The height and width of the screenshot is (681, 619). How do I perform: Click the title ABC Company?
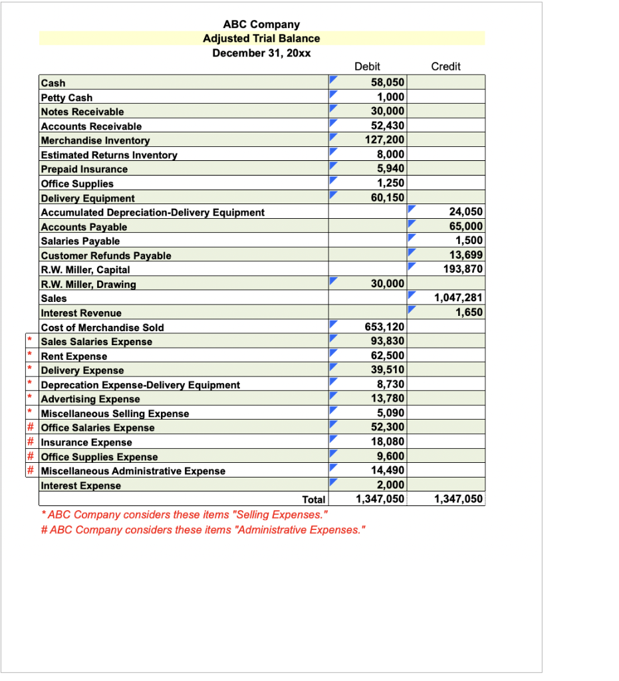pyautogui.click(x=261, y=25)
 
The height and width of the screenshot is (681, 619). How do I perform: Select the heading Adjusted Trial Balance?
pyautogui.click(x=261, y=39)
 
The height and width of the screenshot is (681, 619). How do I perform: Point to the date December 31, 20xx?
pyautogui.click(x=261, y=53)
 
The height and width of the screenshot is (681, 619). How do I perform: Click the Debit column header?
pyautogui.click(x=368, y=67)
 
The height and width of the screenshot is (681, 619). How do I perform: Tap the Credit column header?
pyautogui.click(x=445, y=67)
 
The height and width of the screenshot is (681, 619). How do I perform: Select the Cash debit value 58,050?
pyautogui.click(x=387, y=82)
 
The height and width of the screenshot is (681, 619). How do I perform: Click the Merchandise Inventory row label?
pyautogui.click(x=96, y=140)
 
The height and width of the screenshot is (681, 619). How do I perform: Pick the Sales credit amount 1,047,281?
pyautogui.click(x=458, y=299)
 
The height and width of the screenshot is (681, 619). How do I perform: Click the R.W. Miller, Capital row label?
pyautogui.click(x=86, y=270)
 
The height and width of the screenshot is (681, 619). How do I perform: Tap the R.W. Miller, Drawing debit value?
pyautogui.click(x=387, y=284)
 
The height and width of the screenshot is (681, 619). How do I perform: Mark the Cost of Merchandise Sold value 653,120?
pyautogui.click(x=385, y=327)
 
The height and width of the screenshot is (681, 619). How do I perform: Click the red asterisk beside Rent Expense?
pyautogui.click(x=30, y=356)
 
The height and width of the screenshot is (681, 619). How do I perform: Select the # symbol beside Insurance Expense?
pyautogui.click(x=30, y=442)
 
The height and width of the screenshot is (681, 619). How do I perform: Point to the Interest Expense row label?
pyautogui.click(x=81, y=485)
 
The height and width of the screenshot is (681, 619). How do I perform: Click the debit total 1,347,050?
pyautogui.click(x=380, y=499)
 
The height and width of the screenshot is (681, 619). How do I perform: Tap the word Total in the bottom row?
pyautogui.click(x=313, y=499)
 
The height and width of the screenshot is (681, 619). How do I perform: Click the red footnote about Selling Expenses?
pyautogui.click(x=184, y=515)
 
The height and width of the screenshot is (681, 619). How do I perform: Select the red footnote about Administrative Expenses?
pyautogui.click(x=202, y=529)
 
